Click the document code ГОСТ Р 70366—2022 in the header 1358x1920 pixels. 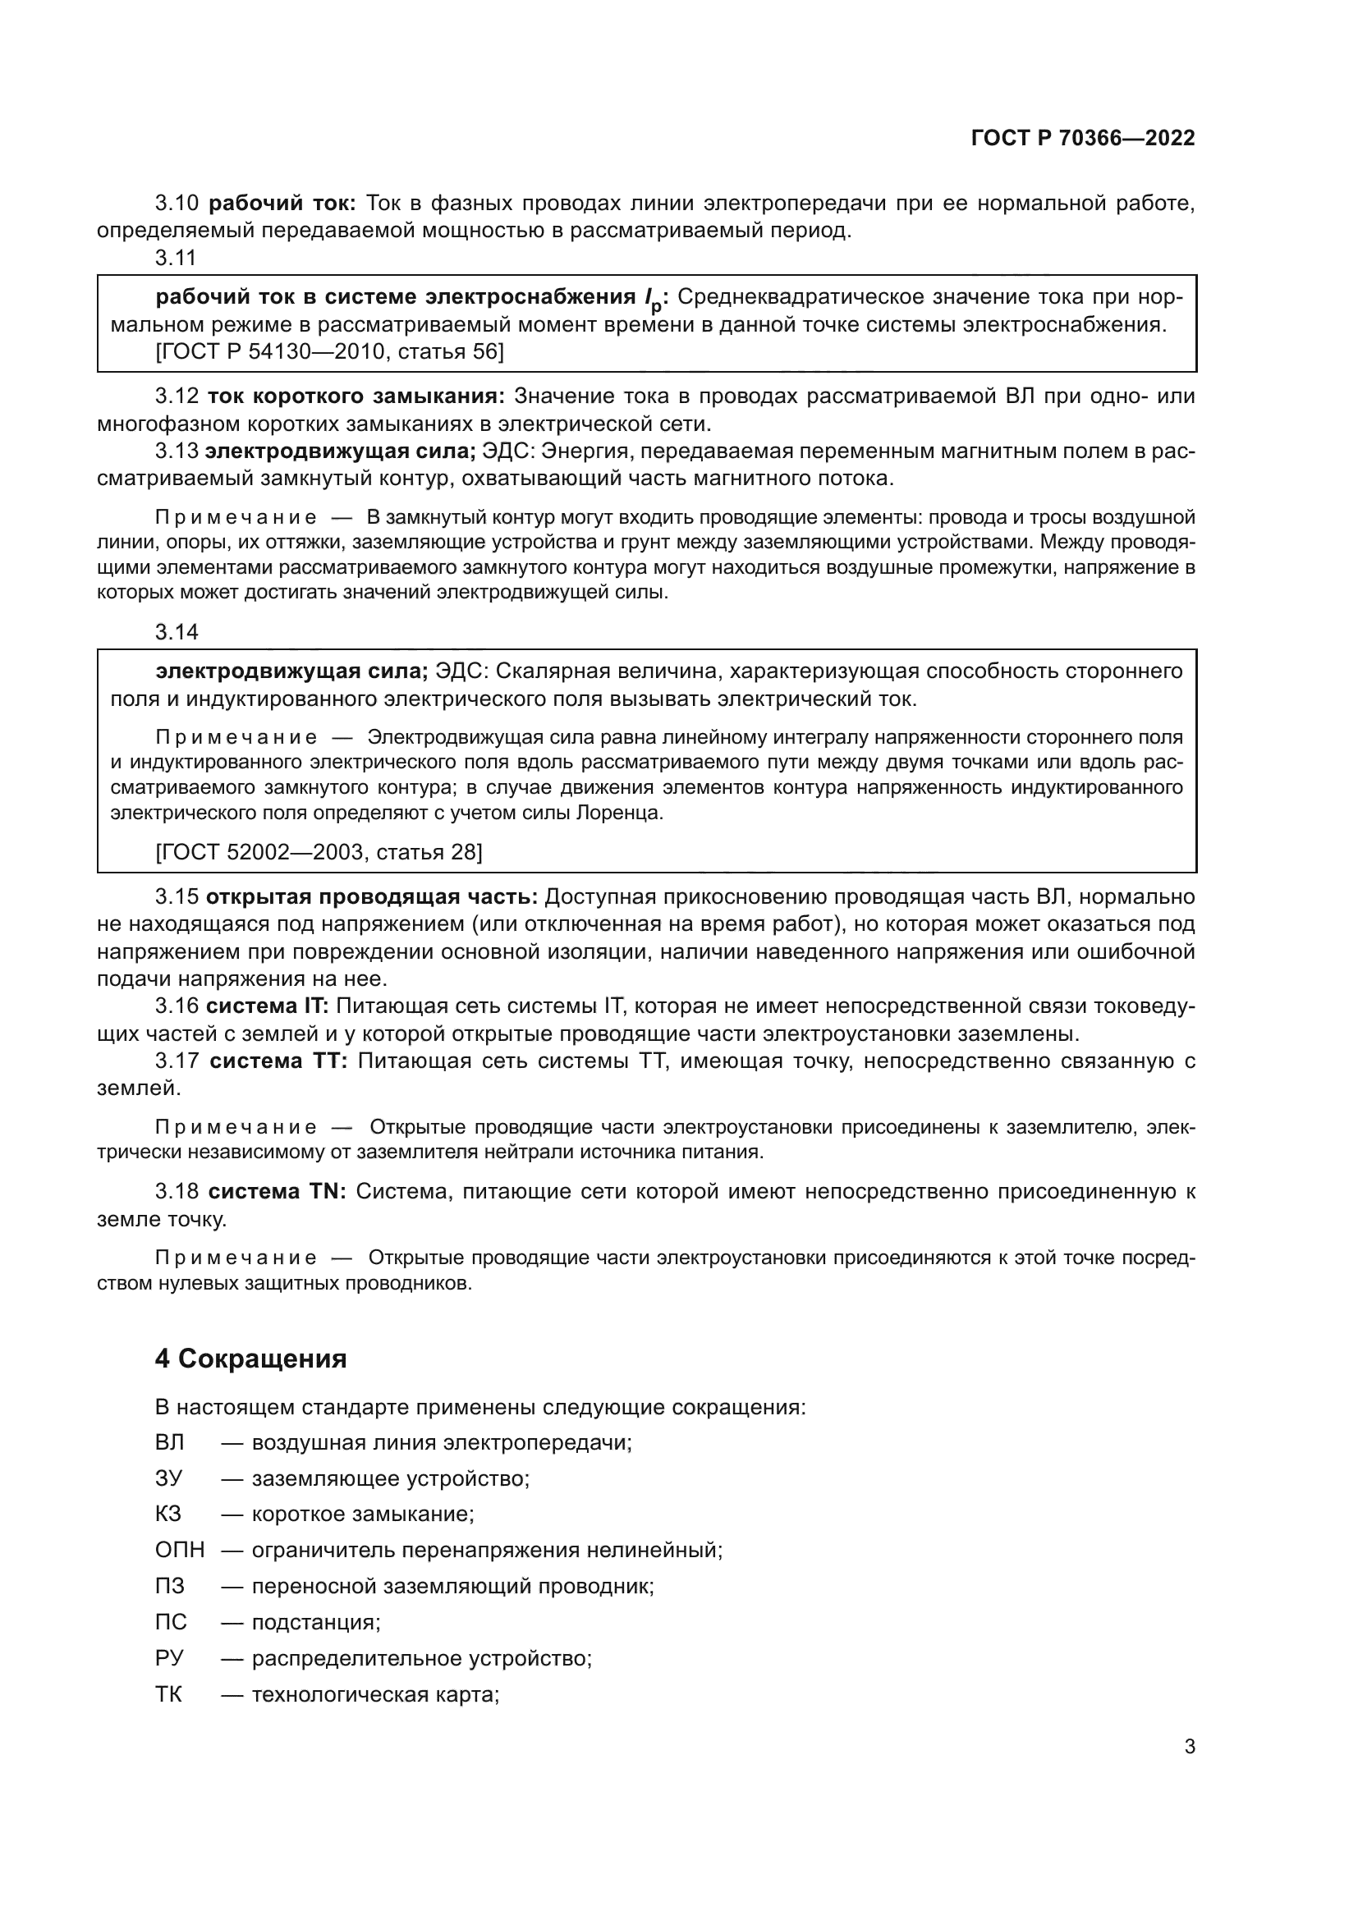pos(1083,139)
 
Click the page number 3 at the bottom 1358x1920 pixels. pos(1189,1747)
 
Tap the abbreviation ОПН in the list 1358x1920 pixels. pos(179,1551)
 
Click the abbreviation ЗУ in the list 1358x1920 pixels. pos(168,1478)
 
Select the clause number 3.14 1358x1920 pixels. pos(177,632)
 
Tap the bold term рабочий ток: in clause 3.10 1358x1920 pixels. pos(282,204)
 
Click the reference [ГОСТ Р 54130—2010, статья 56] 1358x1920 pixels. pos(329,352)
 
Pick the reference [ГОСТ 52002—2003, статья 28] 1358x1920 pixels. pos(319,852)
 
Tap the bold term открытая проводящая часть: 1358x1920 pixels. pos(371,897)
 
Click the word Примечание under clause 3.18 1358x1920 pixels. pos(236,1258)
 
